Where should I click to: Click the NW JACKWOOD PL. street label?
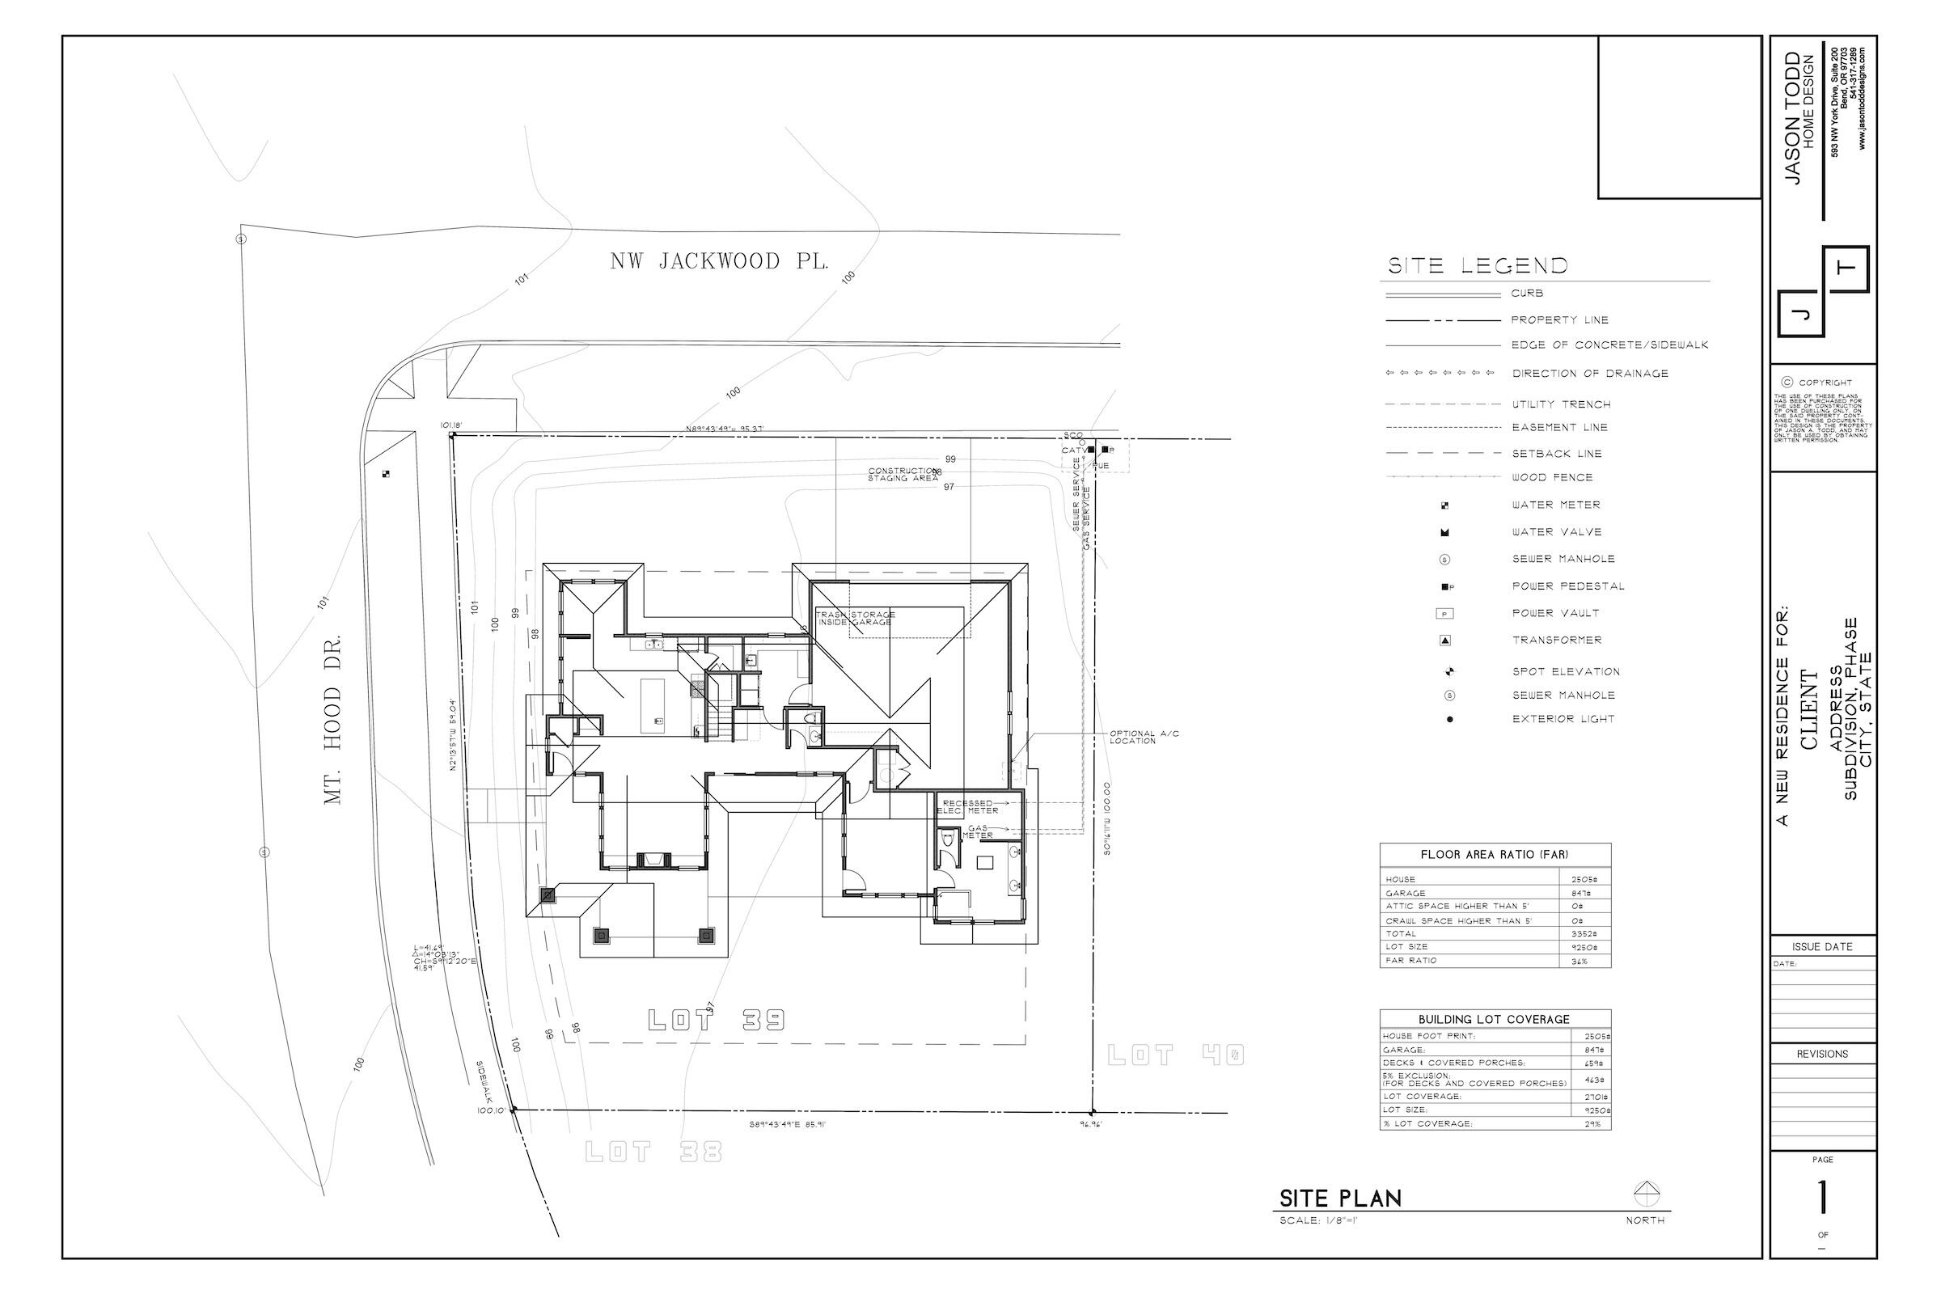(719, 261)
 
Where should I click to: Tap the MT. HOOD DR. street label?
(332, 719)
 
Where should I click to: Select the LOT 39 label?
(716, 1021)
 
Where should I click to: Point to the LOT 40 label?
(1175, 1055)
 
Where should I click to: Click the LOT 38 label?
(653, 1151)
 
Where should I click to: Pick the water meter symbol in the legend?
(1444, 505)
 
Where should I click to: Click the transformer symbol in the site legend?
(1445, 641)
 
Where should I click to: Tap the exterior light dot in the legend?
(1449, 720)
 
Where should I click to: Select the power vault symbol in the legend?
(1445, 614)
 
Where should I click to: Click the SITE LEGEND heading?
(1478, 266)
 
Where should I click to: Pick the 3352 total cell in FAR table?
(1580, 934)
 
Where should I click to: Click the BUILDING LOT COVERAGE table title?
(1494, 1019)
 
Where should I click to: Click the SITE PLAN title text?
(1340, 1199)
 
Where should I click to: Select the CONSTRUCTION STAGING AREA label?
(903, 475)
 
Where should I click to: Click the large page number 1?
(1822, 1198)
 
